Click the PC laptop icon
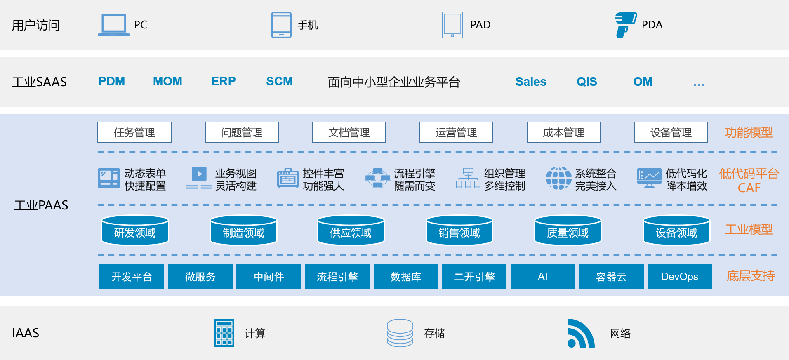coord(113,25)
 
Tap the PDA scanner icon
coord(625,25)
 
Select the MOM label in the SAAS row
coord(167,81)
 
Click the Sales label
coord(530,82)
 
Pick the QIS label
coord(586,82)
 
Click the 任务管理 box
coord(134,132)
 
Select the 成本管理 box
coord(563,132)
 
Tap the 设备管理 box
coord(671,132)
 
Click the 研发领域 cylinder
coord(135,231)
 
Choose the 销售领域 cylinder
coord(459,231)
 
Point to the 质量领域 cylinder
coord(568,231)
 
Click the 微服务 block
coord(200,276)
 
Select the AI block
coord(543,276)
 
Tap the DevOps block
coord(680,276)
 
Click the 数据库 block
coord(406,276)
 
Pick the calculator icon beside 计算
coord(224,333)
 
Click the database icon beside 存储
coord(400,333)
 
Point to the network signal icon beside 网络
coord(580,333)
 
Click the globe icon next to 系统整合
coord(558,178)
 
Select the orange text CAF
coord(749,188)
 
